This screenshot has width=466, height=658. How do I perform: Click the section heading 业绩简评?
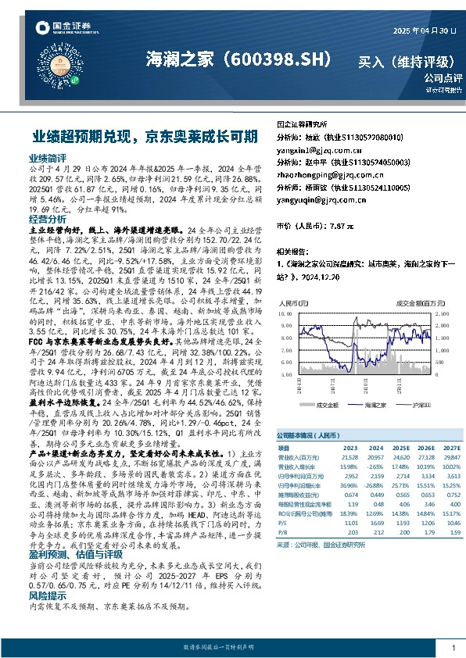[47, 157]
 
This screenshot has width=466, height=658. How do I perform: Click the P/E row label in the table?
[283, 524]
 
